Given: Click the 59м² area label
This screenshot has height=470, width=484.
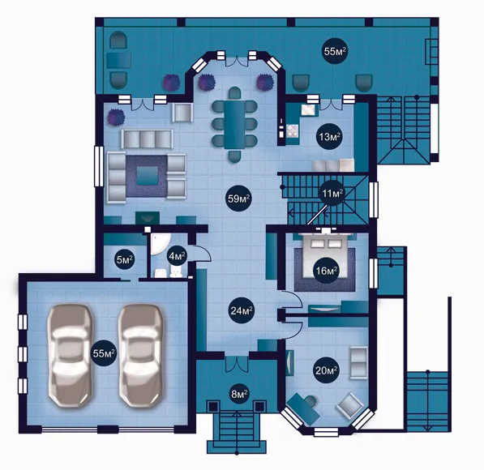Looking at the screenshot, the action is pos(238,199).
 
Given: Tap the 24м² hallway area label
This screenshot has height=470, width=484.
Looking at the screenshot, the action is pos(242,310).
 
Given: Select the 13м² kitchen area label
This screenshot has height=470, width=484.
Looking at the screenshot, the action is pos(330,137).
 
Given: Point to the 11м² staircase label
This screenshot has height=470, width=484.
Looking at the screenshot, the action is pos(332,194).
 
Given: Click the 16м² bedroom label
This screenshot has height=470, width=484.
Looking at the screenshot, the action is pos(326,271).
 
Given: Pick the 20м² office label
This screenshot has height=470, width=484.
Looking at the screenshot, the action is pos(326,370).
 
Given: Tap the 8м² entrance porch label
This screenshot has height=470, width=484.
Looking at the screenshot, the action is pos(239,394).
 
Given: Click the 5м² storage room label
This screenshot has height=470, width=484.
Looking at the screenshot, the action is pos(125,259).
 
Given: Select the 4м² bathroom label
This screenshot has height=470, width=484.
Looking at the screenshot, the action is pos(177,255).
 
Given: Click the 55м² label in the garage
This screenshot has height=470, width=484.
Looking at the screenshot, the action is pos(104,353).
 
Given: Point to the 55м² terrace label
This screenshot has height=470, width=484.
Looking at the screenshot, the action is pos(335,51).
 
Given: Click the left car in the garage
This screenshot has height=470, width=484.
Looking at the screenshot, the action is pos(70,356).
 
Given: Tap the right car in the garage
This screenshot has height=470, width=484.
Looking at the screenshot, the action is pos(142,356).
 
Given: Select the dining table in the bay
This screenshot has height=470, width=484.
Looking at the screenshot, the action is pos(234,125).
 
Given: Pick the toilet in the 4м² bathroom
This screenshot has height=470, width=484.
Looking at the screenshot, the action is pos(176,271).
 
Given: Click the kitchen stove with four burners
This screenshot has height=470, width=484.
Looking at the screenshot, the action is pos(293,130).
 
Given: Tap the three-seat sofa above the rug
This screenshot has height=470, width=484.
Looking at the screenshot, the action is pos(147,139).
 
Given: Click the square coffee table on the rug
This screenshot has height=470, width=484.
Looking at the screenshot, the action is pos(147,176).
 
